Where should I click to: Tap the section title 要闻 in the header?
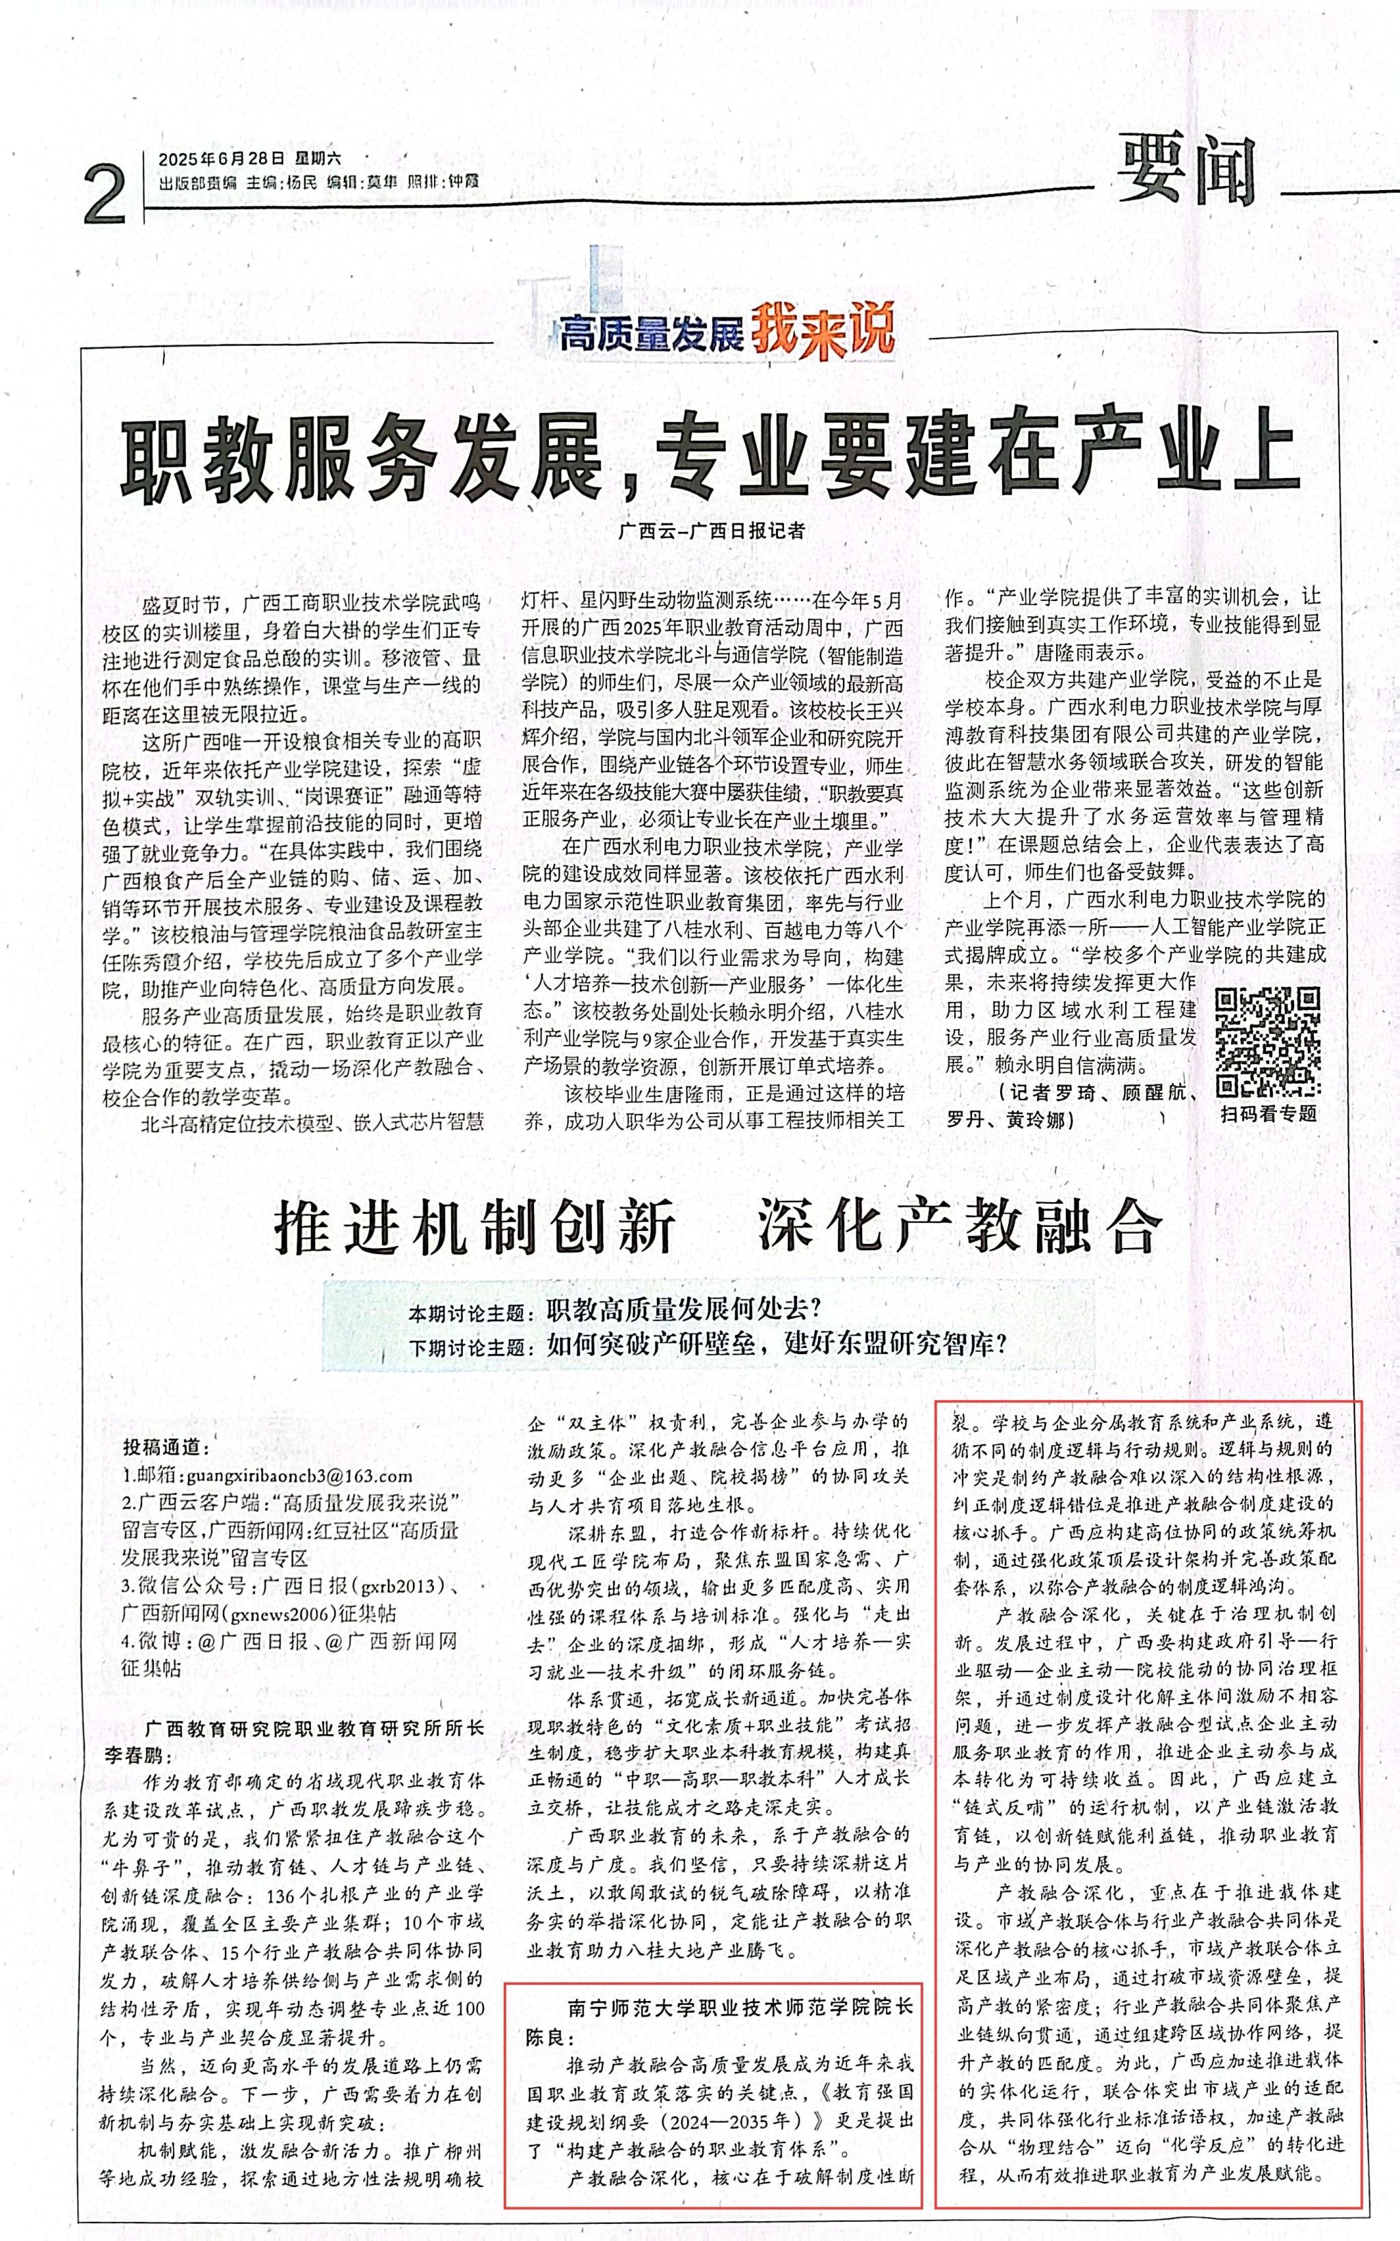pyautogui.click(x=1187, y=173)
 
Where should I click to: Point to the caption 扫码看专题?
pyautogui.click(x=1267, y=1114)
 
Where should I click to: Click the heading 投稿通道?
pyautogui.click(x=167, y=1448)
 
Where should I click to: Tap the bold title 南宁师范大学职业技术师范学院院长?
pyautogui.click(x=741, y=2006)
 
